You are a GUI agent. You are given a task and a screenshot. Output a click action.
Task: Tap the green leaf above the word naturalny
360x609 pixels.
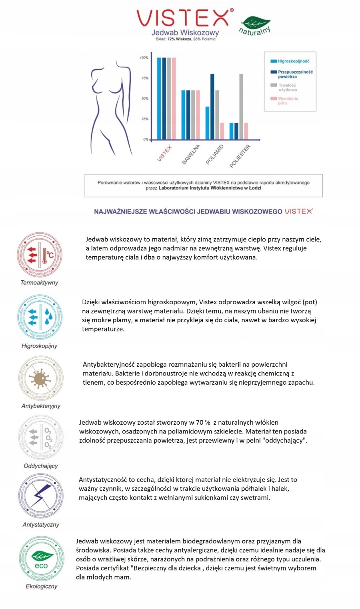coord(256,22)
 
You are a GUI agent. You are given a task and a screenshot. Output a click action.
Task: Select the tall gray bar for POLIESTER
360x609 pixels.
coord(241,106)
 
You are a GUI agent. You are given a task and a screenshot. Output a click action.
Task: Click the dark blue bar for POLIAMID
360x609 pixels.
coord(212,106)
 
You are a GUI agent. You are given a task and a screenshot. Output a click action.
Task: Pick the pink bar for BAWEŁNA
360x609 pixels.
coord(198,115)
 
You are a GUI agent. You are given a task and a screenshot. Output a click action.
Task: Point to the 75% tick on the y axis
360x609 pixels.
coord(145,78)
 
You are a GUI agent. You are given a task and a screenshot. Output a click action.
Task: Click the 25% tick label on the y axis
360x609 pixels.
coord(145,119)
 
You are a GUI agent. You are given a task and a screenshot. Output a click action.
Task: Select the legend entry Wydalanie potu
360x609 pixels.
coord(285,101)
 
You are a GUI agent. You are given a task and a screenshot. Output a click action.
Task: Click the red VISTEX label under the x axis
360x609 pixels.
coord(164,153)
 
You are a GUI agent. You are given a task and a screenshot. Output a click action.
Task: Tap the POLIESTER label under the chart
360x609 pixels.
coord(240,156)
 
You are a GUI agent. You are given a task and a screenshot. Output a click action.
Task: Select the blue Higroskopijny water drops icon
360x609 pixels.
coord(40,317)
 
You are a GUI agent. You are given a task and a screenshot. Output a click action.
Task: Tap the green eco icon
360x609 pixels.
coord(41,559)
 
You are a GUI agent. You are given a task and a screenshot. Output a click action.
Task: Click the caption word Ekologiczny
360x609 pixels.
coord(42,587)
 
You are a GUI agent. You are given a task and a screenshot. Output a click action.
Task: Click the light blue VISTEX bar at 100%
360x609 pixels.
coord(159,98)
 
